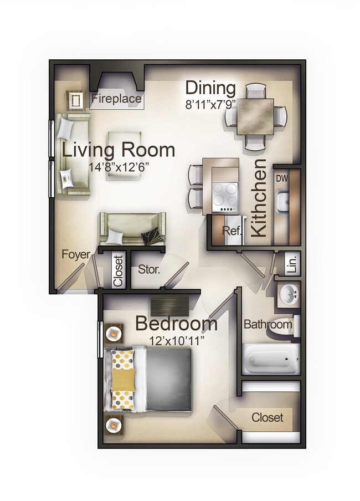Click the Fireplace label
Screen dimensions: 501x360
pyautogui.click(x=116, y=100)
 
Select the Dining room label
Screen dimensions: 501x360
pyautogui.click(x=210, y=88)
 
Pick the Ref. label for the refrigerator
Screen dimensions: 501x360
pyautogui.click(x=232, y=231)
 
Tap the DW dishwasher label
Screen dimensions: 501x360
pyautogui.click(x=282, y=178)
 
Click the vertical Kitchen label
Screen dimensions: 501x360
pyautogui.click(x=260, y=198)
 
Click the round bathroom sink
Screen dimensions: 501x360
pyautogui.click(x=289, y=295)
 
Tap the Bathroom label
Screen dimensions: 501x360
pyautogui.click(x=268, y=324)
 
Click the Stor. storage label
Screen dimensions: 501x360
pyautogui.click(x=149, y=270)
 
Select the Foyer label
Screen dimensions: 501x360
pyautogui.click(x=76, y=254)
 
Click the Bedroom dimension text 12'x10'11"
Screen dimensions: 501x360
pyautogui.click(x=176, y=340)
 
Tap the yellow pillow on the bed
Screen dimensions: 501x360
pyautogui.click(x=123, y=380)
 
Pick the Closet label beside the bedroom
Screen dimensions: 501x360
pyautogui.click(x=268, y=417)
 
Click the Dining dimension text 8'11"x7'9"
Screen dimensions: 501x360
pyautogui.click(x=210, y=103)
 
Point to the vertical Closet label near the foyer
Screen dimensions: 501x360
pyautogui.click(x=117, y=270)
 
